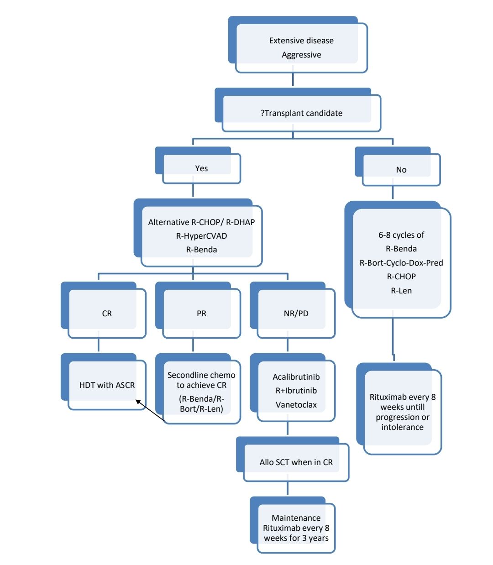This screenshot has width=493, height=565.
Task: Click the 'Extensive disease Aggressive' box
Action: pyautogui.click(x=301, y=47)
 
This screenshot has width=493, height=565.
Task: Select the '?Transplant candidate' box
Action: pyautogui.click(x=301, y=113)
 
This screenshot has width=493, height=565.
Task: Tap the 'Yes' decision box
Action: pyautogui.click(x=201, y=168)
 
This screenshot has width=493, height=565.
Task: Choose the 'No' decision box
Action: pyautogui.click(x=401, y=170)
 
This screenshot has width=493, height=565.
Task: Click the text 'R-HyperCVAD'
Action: pyautogui.click(x=201, y=236)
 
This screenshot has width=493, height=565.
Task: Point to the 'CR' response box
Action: pyautogui.click(x=107, y=314)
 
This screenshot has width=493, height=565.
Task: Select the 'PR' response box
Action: pyautogui.click(x=201, y=314)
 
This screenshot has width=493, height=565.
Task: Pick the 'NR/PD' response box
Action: pyautogui.click(x=296, y=314)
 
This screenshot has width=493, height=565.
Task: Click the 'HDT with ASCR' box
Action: pyautogui.click(x=107, y=385)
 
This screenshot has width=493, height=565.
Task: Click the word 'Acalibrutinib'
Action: pyautogui.click(x=296, y=377)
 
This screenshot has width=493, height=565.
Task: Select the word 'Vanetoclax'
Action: pyautogui.click(x=296, y=405)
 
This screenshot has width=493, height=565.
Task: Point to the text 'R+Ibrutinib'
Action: pyautogui.click(x=296, y=391)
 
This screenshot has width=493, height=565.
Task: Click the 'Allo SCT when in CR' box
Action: pyautogui.click(x=296, y=462)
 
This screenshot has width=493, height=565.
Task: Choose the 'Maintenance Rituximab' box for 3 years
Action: pyautogui.click(x=296, y=528)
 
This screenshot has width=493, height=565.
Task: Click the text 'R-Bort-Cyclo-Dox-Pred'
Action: pyautogui.click(x=401, y=263)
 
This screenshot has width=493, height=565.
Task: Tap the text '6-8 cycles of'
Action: pyautogui.click(x=401, y=235)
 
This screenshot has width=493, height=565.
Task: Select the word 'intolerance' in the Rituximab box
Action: pyautogui.click(x=402, y=427)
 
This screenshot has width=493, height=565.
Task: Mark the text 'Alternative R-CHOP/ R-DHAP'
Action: pyautogui.click(x=201, y=222)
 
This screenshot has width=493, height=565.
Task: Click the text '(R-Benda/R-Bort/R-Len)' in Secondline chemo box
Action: pyautogui.click(x=201, y=404)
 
